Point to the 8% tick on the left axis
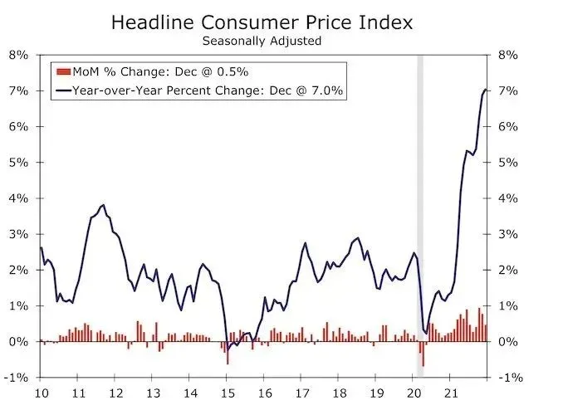(x=18, y=55)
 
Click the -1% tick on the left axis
(x=17, y=378)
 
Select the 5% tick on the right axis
(x=507, y=163)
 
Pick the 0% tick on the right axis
(x=507, y=342)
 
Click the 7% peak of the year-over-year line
(x=485, y=90)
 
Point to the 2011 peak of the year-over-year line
(x=102, y=205)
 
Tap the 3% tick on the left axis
(x=18, y=234)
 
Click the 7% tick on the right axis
(x=507, y=90)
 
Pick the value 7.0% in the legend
(x=329, y=90)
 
